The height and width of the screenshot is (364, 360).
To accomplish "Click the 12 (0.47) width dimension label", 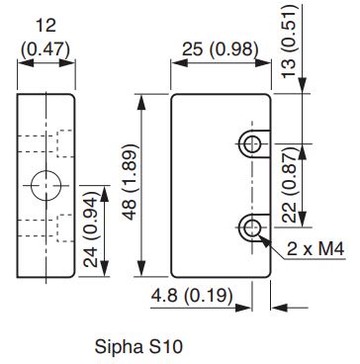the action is [x=45, y=39].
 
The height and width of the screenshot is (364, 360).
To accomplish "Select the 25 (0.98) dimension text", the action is [x=220, y=49].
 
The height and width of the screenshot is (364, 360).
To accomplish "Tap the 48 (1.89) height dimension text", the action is [x=132, y=182].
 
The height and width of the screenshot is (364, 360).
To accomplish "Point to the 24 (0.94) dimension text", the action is [x=90, y=231].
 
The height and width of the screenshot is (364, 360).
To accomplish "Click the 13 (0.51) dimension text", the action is [x=290, y=42].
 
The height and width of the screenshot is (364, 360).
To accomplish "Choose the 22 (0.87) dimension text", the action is [x=291, y=185].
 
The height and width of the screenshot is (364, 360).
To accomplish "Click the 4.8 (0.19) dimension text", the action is [x=192, y=296].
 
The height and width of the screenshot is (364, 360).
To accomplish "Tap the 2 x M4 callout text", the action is [x=315, y=249].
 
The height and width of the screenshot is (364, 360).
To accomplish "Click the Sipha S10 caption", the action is [x=138, y=346].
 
